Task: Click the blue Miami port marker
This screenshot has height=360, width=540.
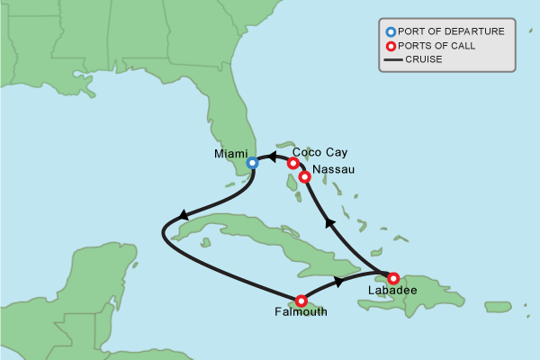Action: coord(252,163)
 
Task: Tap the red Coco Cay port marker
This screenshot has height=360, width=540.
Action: coord(292,163)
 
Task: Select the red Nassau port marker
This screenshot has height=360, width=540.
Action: coord(305,177)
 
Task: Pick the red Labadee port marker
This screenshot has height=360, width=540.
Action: coord(393,278)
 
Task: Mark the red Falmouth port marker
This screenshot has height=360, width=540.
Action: coord(301,301)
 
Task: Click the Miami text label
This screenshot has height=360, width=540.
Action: coord(230,154)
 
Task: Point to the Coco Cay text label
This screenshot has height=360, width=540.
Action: coord(319,152)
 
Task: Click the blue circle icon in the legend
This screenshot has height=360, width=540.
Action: coord(391,31)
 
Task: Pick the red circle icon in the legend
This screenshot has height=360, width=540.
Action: coord(391,46)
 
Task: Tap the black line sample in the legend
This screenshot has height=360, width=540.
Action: coord(391,60)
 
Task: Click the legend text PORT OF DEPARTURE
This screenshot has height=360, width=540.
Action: coord(451,31)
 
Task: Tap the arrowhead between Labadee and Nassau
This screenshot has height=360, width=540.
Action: coord(330,221)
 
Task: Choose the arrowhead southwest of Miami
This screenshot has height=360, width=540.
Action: coord(184,215)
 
